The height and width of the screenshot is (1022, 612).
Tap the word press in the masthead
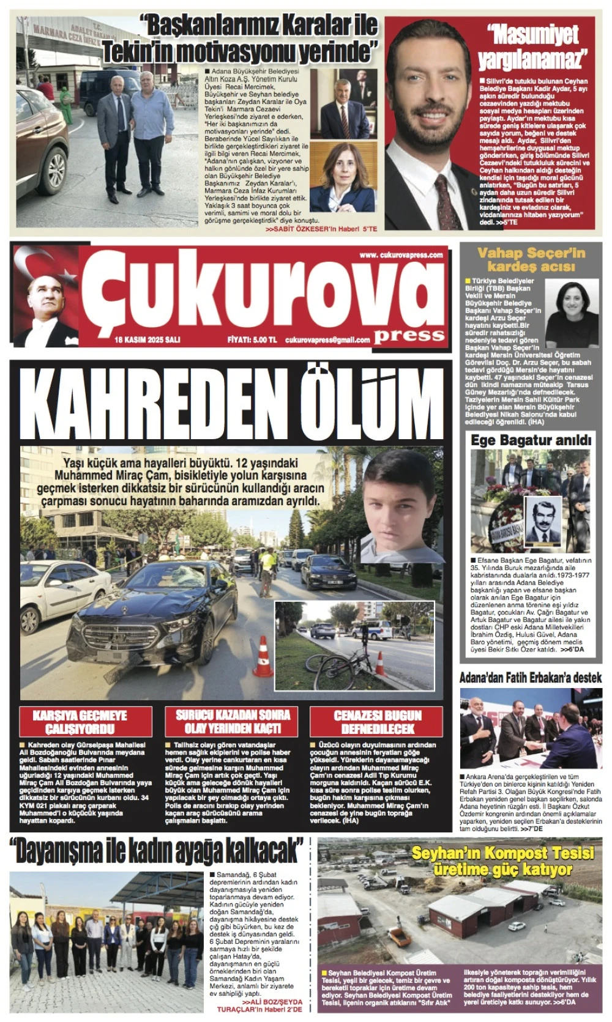click(409, 334)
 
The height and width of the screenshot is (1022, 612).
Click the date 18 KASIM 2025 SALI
click(147, 340)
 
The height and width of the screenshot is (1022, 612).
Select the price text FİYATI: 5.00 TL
click(252, 340)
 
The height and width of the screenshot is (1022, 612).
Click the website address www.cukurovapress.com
click(401, 255)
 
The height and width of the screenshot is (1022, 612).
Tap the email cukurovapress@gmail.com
click(327, 340)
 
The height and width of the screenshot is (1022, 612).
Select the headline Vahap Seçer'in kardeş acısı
click(531, 259)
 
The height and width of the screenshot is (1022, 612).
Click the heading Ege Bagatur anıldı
click(531, 440)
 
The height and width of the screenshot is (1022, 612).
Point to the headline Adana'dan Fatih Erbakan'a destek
click(531, 677)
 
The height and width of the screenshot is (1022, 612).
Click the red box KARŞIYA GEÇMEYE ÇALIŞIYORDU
click(85, 722)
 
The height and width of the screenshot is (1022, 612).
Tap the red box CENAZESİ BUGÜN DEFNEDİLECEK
click(377, 722)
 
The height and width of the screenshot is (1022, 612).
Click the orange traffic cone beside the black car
click(263, 657)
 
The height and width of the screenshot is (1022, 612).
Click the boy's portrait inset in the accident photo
click(401, 508)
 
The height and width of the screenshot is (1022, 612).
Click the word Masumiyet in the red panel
click(533, 35)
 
